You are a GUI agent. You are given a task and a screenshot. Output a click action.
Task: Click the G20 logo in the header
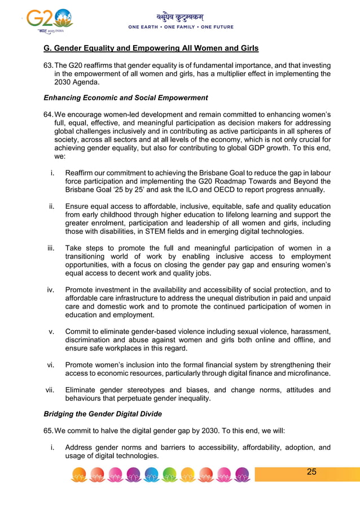(x=50, y=21)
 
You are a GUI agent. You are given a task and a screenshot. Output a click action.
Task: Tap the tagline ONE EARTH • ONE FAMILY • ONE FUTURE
(x=181, y=27)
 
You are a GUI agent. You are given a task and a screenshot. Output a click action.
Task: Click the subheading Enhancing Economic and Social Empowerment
(x=126, y=98)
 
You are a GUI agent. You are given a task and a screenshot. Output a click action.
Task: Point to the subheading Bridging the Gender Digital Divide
(x=103, y=414)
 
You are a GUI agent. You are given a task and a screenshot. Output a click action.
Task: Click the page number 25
(x=311, y=472)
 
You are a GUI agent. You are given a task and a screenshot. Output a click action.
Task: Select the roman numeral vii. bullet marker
(x=50, y=390)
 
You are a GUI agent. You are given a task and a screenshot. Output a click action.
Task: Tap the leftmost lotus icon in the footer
(x=80, y=475)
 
